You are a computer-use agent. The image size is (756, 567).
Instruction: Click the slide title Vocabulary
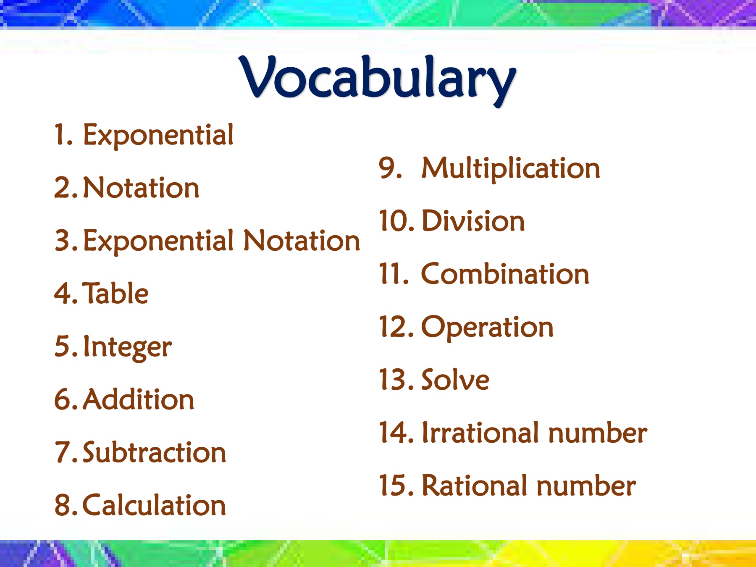tap(378, 80)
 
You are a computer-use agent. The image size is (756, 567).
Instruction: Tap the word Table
tap(115, 293)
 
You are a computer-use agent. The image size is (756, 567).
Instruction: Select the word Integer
tap(127, 347)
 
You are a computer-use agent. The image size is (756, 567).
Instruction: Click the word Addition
tap(139, 399)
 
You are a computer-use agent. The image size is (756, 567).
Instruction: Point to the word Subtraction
tap(155, 452)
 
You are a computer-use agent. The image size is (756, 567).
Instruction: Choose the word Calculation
tap(155, 504)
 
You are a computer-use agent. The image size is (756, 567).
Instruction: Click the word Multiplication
tap(511, 169)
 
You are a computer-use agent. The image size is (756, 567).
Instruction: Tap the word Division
tap(473, 220)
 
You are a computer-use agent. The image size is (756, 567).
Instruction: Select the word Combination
tap(505, 273)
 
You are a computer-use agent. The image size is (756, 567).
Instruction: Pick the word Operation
tap(487, 328)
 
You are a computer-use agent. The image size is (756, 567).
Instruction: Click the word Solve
tap(455, 379)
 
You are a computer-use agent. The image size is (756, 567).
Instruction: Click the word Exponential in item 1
tap(158, 135)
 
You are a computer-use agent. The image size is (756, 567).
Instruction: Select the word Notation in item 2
tap(141, 187)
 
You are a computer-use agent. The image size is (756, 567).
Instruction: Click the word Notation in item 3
tap(302, 240)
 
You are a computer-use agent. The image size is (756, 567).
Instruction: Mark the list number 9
tap(390, 168)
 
